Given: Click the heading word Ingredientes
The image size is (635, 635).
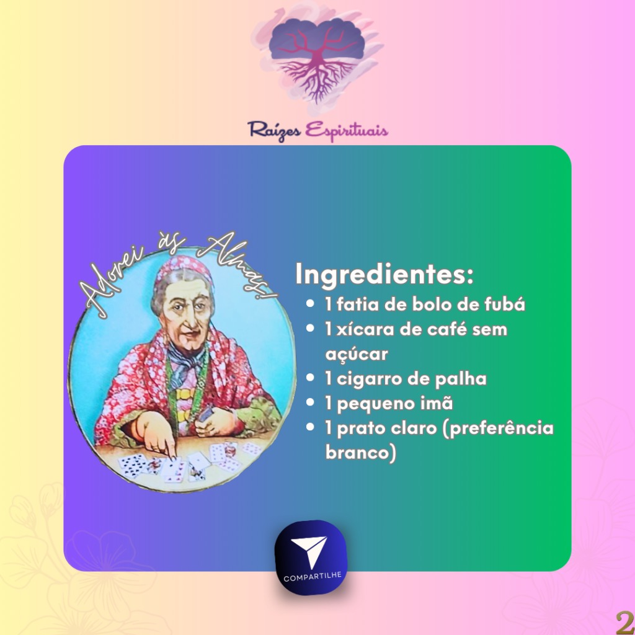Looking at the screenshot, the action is [384, 275].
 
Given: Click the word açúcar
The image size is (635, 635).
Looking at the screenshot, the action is [357, 354].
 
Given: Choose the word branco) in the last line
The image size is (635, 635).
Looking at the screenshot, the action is [360, 452].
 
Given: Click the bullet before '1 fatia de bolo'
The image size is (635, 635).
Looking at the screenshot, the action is [310, 303].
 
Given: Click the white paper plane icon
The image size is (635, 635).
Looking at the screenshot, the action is [309, 551].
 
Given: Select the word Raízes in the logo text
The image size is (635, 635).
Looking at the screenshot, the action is [274, 130].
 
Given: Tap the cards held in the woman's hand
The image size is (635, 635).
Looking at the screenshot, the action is [206, 413].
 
